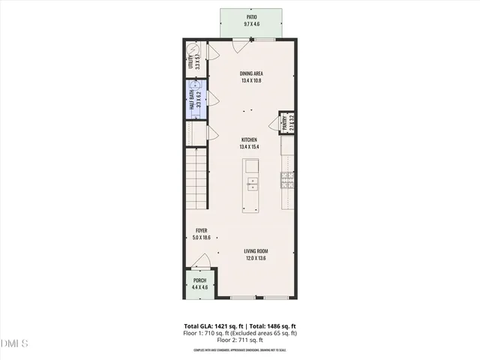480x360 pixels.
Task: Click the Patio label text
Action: (250, 16)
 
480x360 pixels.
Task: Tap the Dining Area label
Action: (250, 73)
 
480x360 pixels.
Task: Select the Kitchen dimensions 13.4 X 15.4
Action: (249, 147)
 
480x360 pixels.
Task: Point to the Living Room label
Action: (256, 251)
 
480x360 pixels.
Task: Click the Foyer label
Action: (201, 230)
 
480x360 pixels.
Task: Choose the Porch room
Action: (199, 284)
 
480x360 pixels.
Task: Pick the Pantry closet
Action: (286, 122)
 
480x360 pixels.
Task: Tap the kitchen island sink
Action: (253, 184)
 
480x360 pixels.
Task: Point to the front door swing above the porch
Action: (200, 262)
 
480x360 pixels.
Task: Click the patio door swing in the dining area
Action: (239, 46)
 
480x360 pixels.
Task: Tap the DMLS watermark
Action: (14, 343)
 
